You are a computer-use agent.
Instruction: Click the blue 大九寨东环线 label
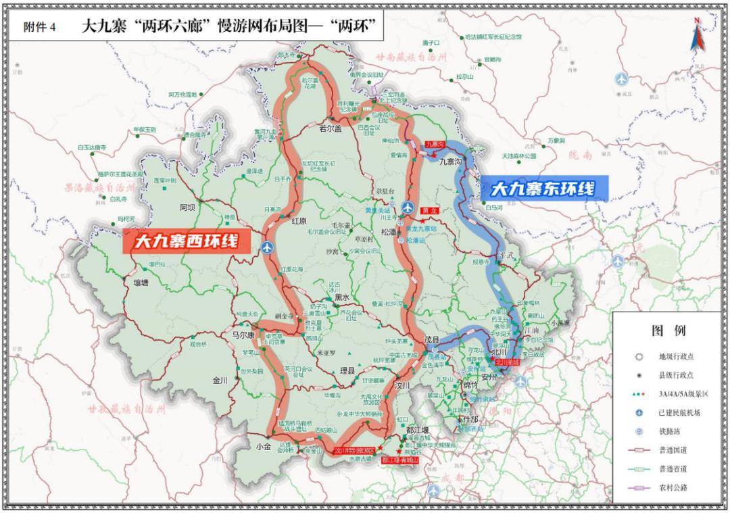click(543, 189)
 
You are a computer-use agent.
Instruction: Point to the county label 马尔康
click(242, 335)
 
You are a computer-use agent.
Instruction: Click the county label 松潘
click(390, 231)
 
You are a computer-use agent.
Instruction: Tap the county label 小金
click(262, 445)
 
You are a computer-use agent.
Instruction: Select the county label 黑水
click(342, 297)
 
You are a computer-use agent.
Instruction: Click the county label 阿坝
click(187, 207)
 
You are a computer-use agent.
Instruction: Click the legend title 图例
click(668, 331)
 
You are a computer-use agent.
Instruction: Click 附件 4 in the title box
click(41, 27)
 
